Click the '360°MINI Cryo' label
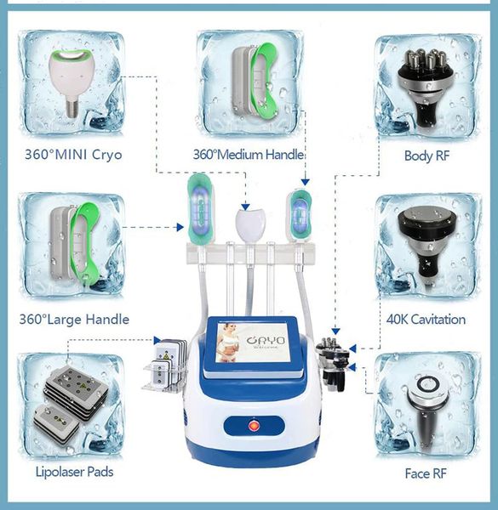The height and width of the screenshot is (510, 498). pos(72,155)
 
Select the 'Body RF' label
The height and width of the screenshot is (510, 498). pos(425,156)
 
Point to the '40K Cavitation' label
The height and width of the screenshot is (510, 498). pos(425,320)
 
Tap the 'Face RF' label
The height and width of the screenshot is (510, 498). pos(425,473)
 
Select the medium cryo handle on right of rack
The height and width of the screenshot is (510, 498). pos(300,215)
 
